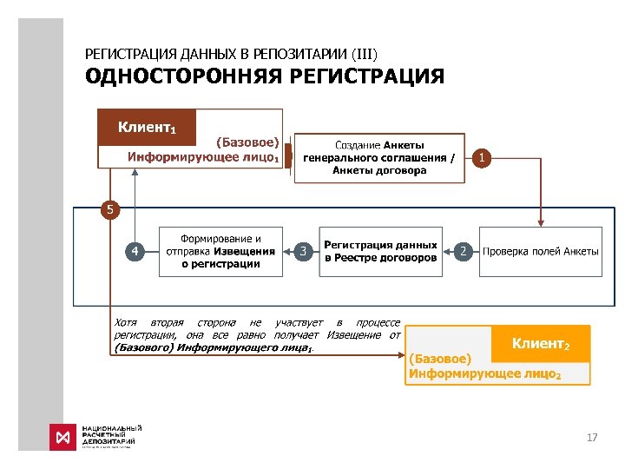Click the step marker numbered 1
pyautogui.click(x=484, y=157)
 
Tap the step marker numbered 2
pyautogui.click(x=464, y=251)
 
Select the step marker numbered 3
pyautogui.click(x=303, y=251)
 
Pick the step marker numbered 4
pyautogui.click(x=135, y=251)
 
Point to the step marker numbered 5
pyautogui.click(x=109, y=209)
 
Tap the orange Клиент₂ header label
pyautogui.click(x=540, y=344)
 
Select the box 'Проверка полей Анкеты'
pyautogui.click(x=540, y=251)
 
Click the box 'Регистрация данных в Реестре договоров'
pyautogui.click(x=380, y=251)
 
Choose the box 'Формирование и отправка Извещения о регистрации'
pyautogui.click(x=220, y=251)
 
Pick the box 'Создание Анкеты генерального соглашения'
pyautogui.click(x=379, y=158)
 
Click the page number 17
pyautogui.click(x=592, y=437)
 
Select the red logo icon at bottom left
pyautogui.click(x=62, y=437)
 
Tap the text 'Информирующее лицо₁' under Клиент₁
pyautogui.click(x=203, y=157)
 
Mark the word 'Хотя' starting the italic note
pyautogui.click(x=126, y=323)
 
